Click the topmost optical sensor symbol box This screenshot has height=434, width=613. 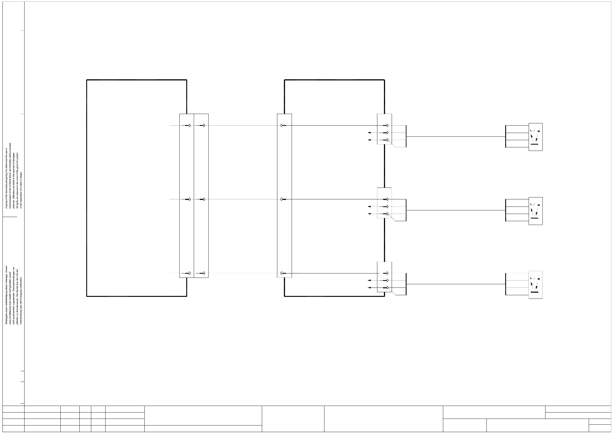(x=535, y=137)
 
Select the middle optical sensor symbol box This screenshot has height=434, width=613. (x=535, y=211)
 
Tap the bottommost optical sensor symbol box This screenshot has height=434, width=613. (x=535, y=285)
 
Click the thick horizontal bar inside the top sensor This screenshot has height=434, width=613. (x=534, y=144)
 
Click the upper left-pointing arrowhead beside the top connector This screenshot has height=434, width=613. (x=369, y=133)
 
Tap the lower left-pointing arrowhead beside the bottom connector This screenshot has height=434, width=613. (x=369, y=288)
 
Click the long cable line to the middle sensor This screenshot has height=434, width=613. (x=455, y=210)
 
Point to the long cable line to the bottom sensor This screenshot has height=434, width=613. (x=455, y=284)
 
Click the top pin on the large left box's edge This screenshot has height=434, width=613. (x=188, y=126)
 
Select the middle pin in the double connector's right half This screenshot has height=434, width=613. (x=203, y=199)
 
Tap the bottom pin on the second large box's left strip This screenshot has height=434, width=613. (x=283, y=273)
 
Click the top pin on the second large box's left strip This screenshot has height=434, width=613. (x=283, y=126)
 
